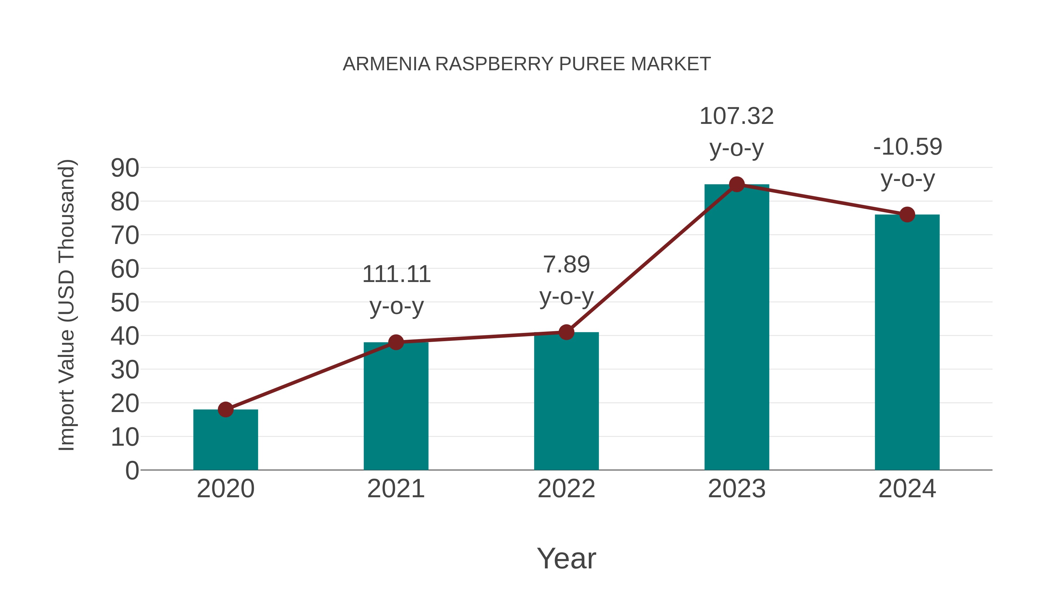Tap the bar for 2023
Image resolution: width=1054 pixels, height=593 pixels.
pos(737,327)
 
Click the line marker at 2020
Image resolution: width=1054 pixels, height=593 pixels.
pos(225,409)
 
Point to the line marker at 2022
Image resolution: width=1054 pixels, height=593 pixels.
pos(566,332)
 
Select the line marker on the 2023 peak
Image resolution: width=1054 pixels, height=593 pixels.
pos(737,184)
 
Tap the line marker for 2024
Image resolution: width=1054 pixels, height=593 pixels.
pos(907,214)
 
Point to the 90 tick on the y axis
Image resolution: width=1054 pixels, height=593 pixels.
pos(125,168)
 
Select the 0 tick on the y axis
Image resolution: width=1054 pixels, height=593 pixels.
pos(132,470)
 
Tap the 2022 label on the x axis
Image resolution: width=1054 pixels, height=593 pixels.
pos(566,489)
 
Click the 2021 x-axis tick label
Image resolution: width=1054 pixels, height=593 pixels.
pos(396,489)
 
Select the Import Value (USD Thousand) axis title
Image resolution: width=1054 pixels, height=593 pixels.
pos(66,305)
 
